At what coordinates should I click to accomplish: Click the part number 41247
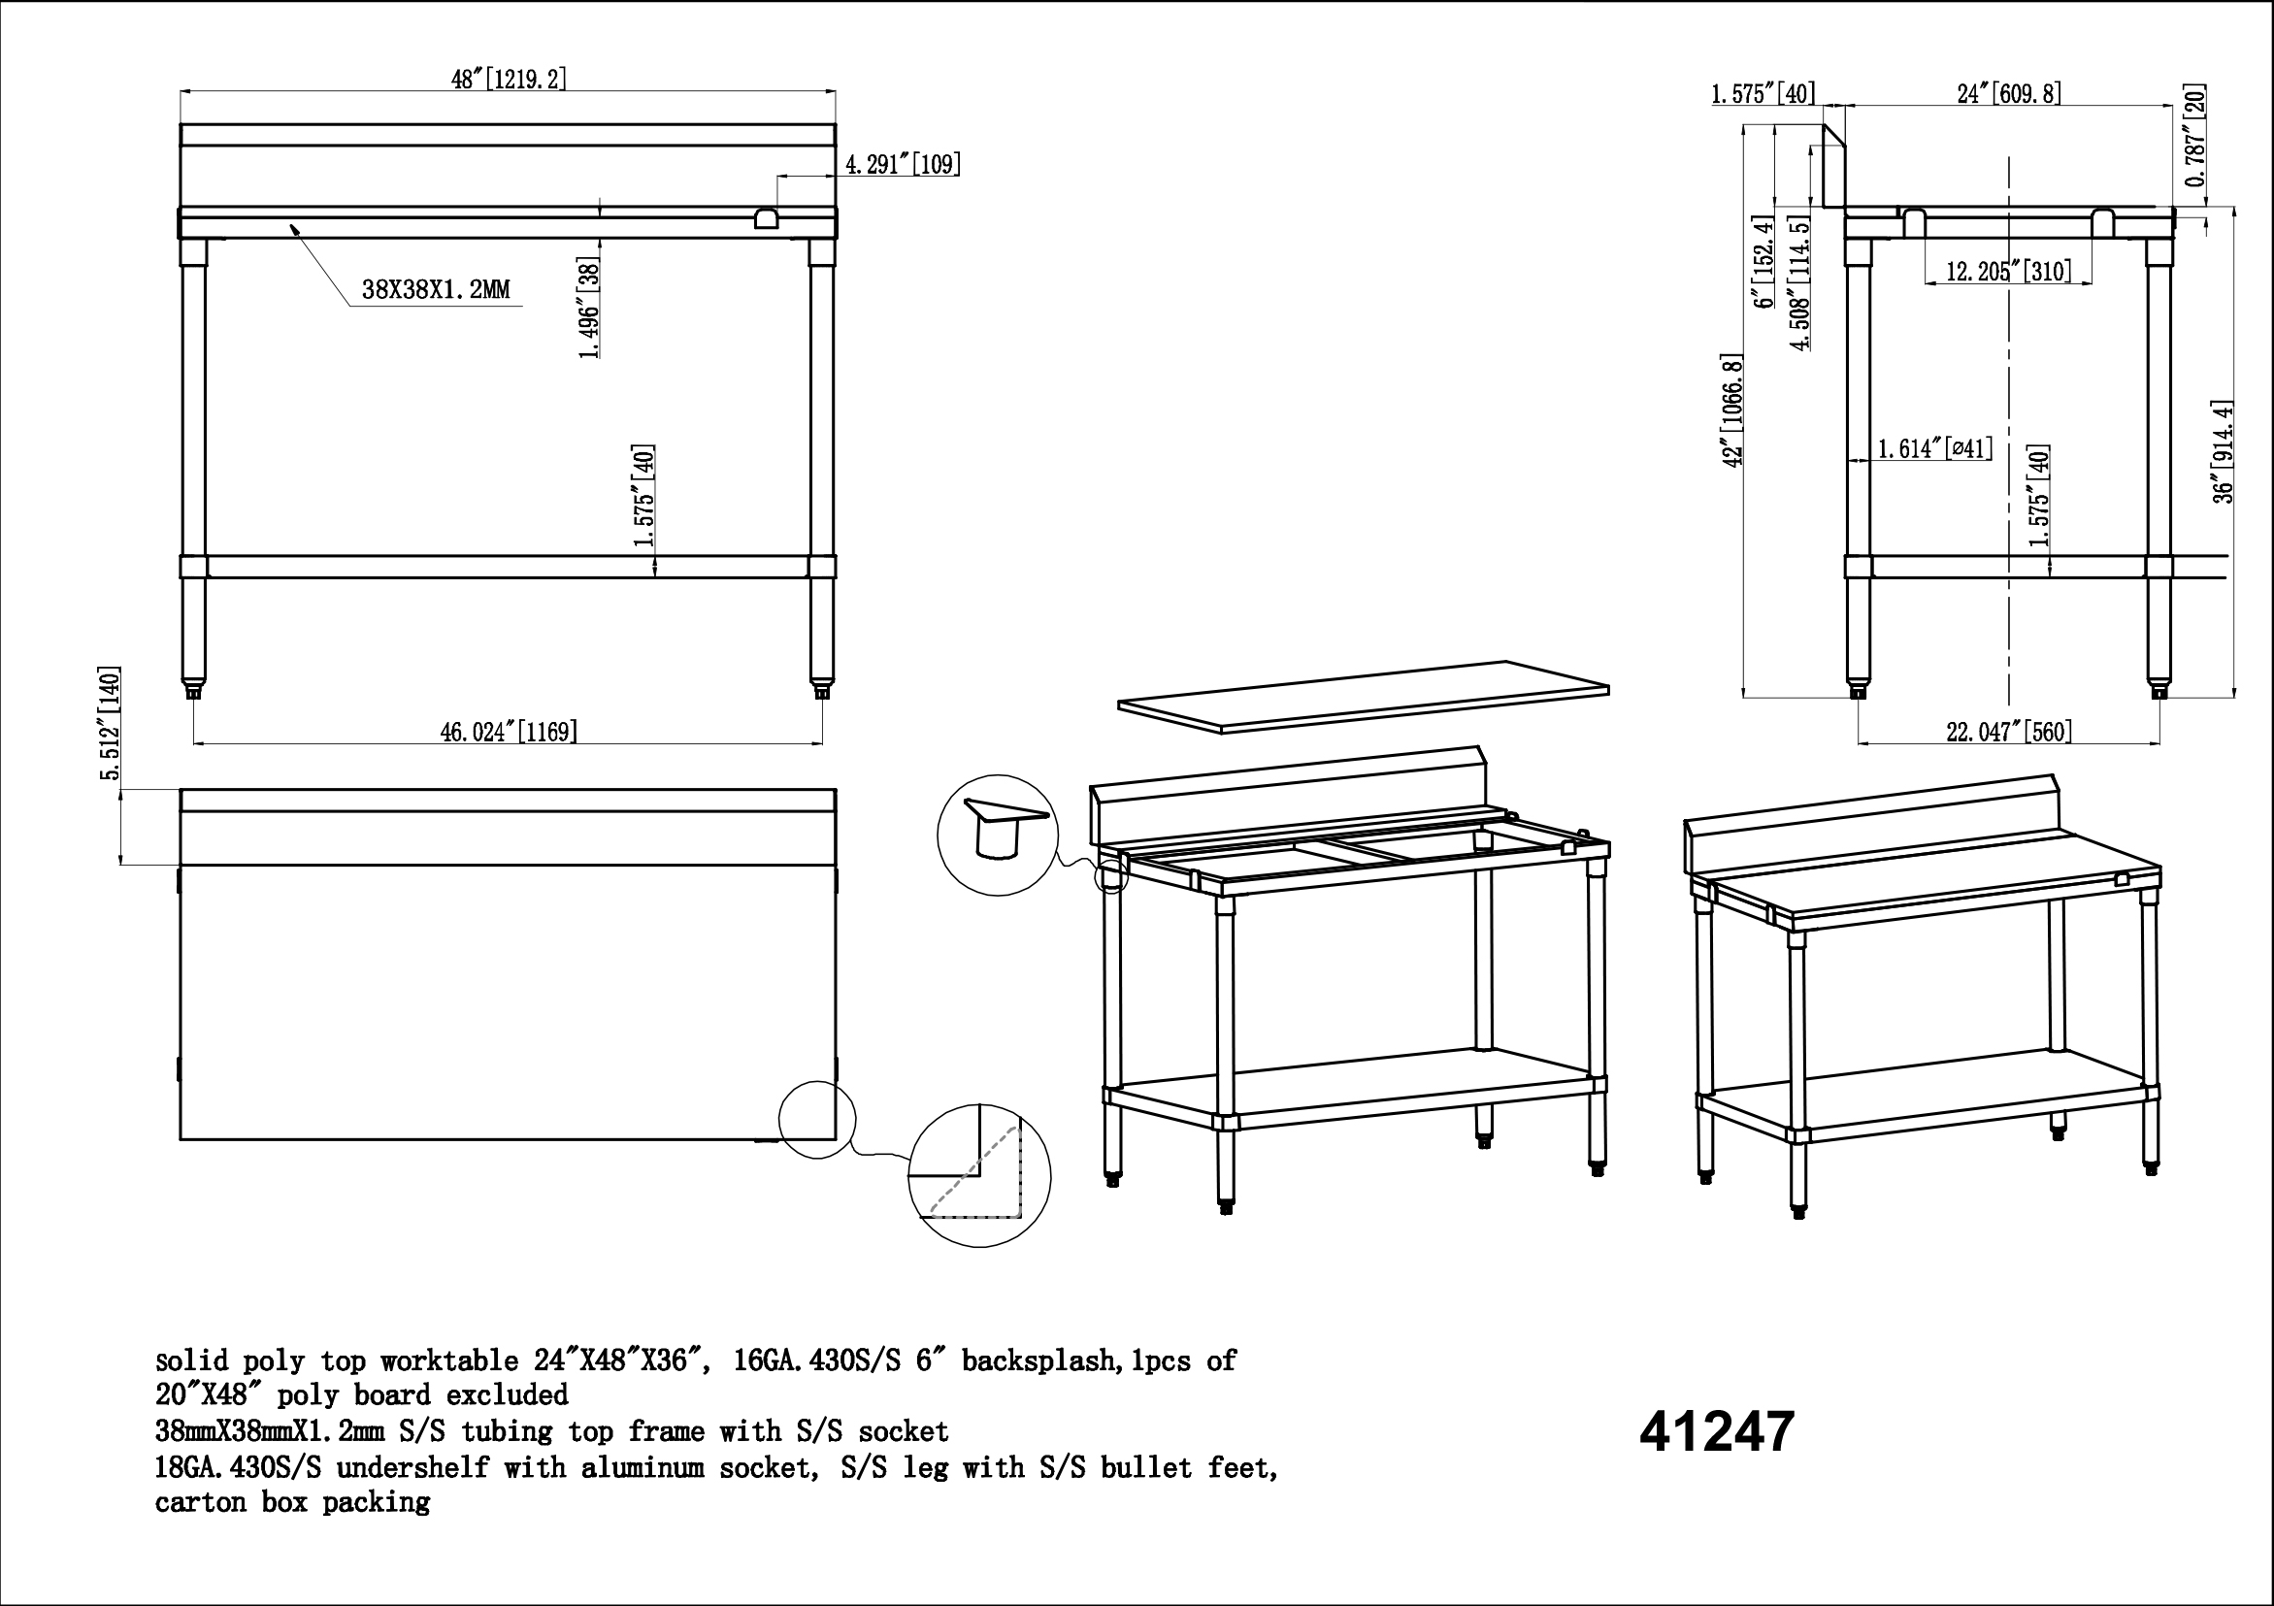pyautogui.click(x=1716, y=1431)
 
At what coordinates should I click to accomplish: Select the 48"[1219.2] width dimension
pyautogui.click(x=510, y=80)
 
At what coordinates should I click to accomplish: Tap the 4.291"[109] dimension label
pyautogui.click(x=903, y=163)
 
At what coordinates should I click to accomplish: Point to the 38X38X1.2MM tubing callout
pyautogui.click(x=436, y=289)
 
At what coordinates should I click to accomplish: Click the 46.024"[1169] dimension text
pyautogui.click(x=510, y=732)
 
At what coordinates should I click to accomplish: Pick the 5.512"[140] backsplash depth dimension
pyautogui.click(x=110, y=724)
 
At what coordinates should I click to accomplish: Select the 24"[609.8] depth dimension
pyautogui.click(x=2010, y=94)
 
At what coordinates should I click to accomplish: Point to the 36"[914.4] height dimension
pyautogui.click(x=2225, y=452)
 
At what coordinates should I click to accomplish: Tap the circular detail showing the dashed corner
pyautogui.click(x=979, y=1176)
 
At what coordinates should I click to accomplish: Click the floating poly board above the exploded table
pyautogui.click(x=1364, y=697)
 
